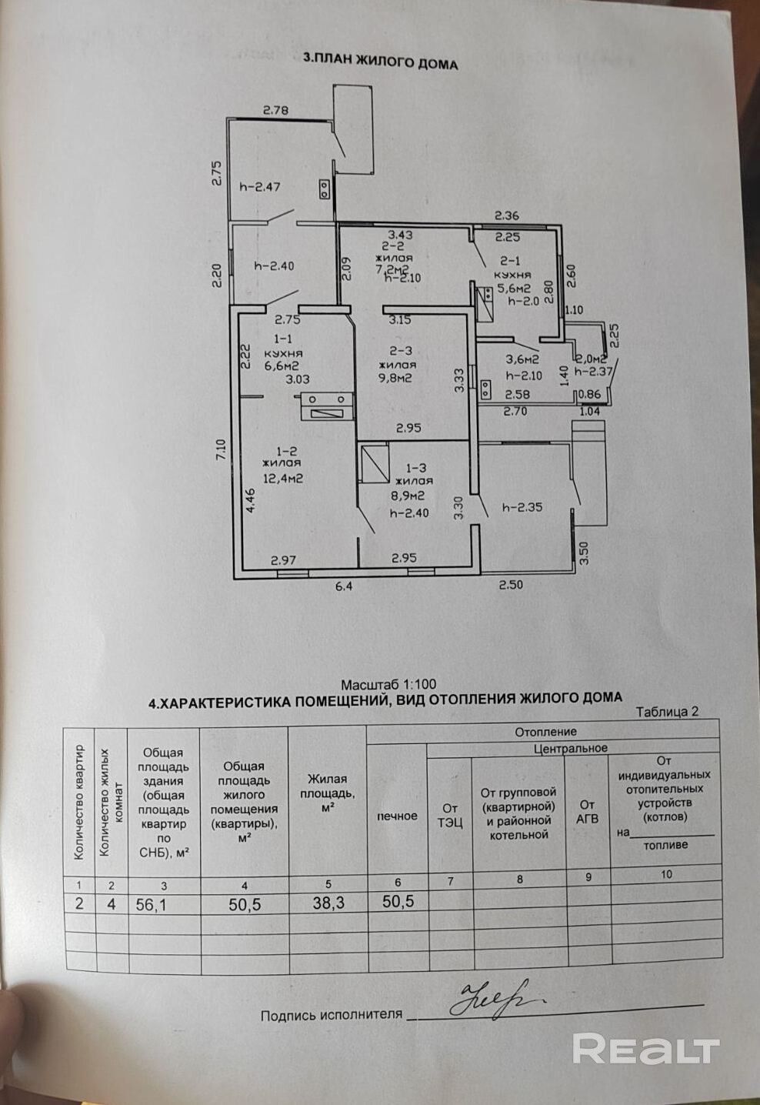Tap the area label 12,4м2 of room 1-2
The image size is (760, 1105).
coord(282,478)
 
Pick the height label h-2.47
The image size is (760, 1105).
coord(259,185)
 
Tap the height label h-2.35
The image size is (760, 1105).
coord(522,507)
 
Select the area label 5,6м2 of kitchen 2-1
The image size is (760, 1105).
coord(513,288)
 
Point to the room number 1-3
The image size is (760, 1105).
coord(415,467)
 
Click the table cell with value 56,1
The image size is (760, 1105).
coord(152,905)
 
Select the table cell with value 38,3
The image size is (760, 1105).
coord(328,904)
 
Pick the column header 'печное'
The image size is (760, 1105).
coord(397,816)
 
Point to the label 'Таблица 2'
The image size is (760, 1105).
coord(667,712)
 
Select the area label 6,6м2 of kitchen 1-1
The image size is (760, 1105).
coord(281,366)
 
